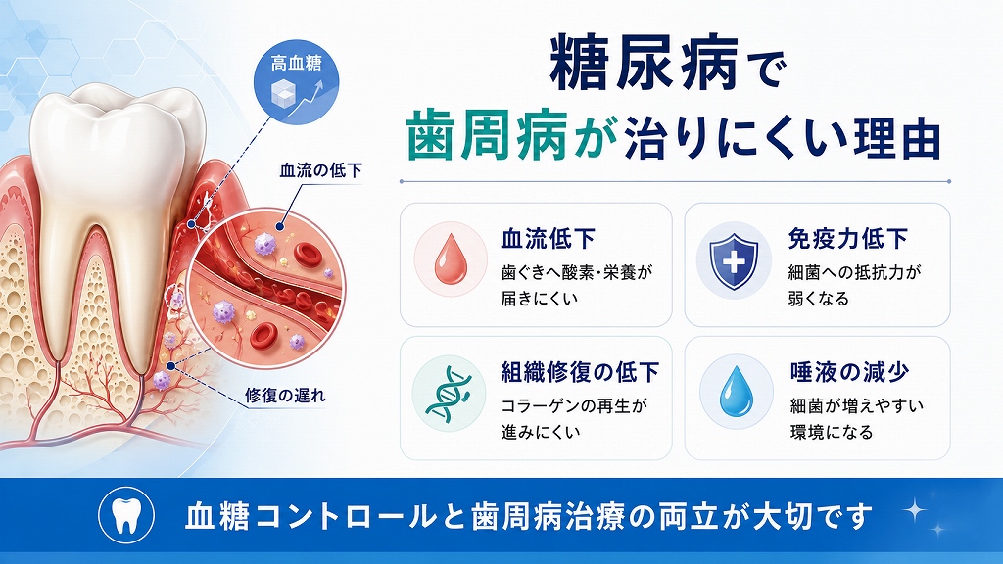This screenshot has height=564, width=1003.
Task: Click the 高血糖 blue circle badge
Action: coord(296,82)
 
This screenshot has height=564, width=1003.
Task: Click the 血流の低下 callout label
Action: coord(320,170)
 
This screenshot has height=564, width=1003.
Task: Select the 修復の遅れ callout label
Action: coord(285,395)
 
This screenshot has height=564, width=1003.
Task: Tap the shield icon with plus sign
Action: coord(734,260)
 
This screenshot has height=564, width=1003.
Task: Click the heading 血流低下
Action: coord(549,239)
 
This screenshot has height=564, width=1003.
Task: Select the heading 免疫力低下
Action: coord(847,239)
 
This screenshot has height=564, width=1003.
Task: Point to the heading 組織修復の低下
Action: coord(580,371)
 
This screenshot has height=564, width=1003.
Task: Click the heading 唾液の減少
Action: coord(849,371)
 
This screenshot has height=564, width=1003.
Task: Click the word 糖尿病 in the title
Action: coord(645,63)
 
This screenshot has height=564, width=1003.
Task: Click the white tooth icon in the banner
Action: coord(126,515)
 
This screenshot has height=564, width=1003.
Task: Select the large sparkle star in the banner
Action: coord(916,510)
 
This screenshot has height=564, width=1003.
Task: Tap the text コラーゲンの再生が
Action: coord(574,405)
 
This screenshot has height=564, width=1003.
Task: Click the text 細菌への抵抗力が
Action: coord(854,272)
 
